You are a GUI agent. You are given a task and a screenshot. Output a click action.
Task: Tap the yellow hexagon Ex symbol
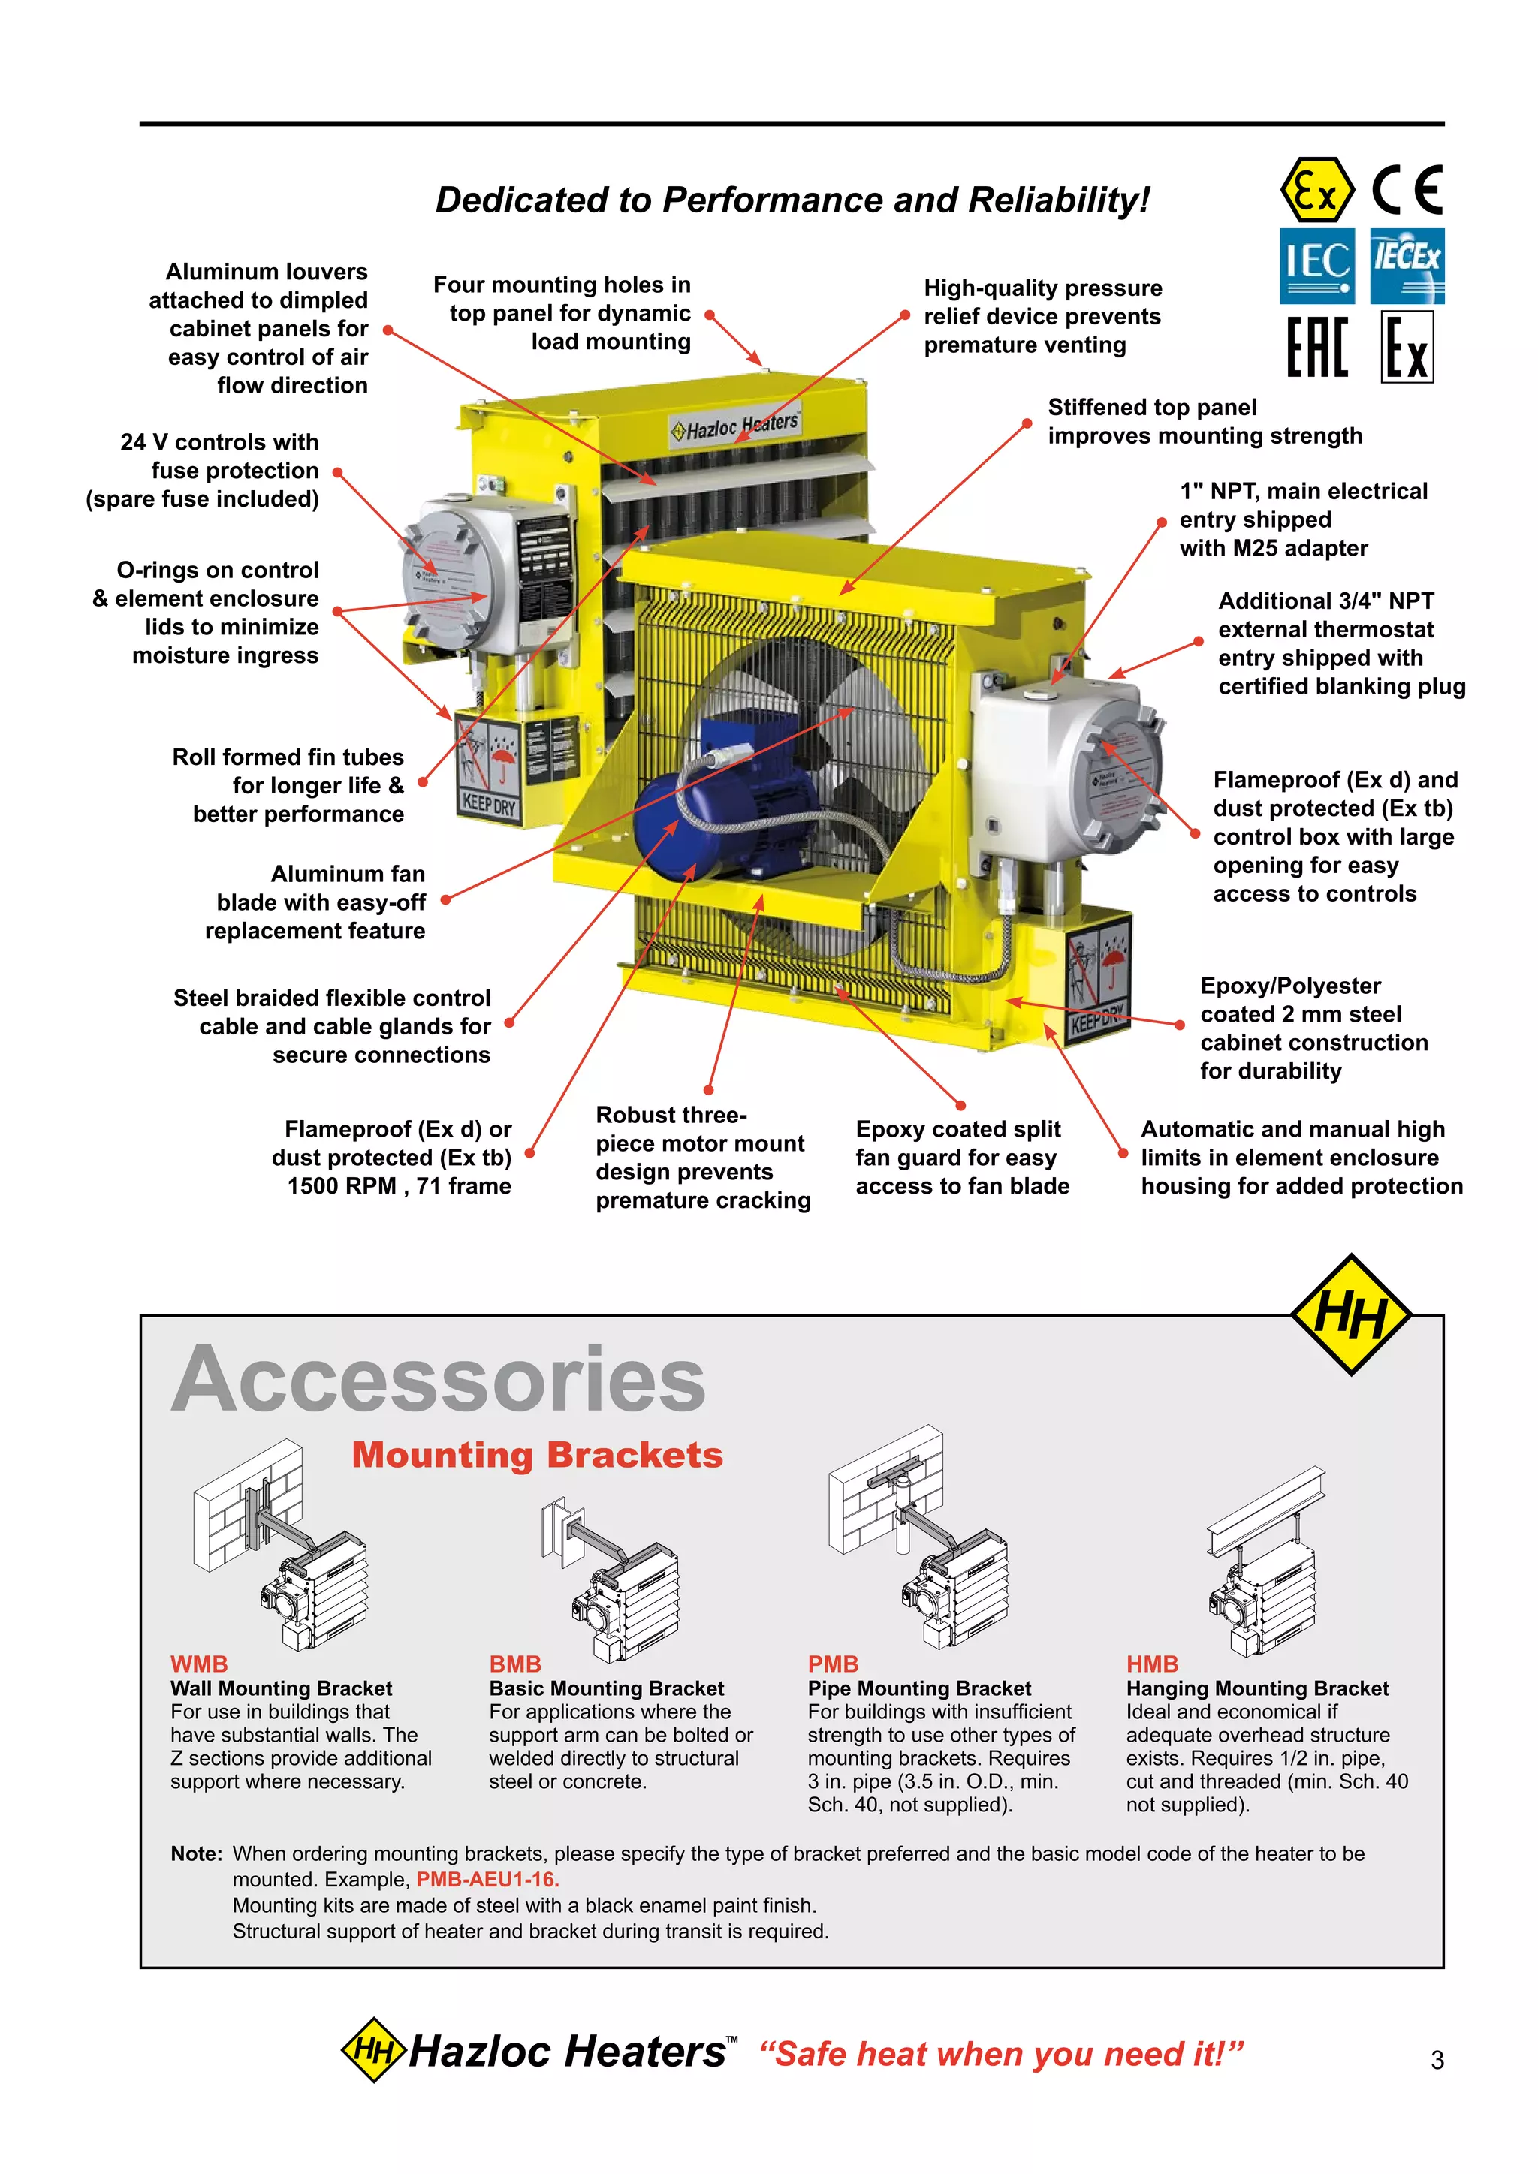pyautogui.click(x=1316, y=191)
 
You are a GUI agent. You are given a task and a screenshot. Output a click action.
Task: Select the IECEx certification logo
pyautogui.click(x=1407, y=265)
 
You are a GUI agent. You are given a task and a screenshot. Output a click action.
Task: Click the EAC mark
pyautogui.click(x=1316, y=348)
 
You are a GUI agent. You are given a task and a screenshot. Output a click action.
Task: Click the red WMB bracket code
pyautogui.click(x=199, y=1664)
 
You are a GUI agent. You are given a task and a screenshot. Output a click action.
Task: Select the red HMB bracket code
pyautogui.click(x=1151, y=1664)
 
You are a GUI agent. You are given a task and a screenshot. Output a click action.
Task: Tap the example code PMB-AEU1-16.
pyautogui.click(x=487, y=1878)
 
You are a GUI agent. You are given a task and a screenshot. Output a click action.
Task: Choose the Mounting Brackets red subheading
pyautogui.click(x=537, y=1454)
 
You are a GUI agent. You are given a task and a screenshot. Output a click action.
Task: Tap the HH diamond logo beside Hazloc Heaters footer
pyautogui.click(x=373, y=2050)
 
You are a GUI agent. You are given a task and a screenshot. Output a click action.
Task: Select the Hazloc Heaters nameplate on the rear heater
pyautogui.click(x=735, y=426)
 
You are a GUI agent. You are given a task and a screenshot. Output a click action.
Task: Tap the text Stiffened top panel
pyautogui.click(x=1151, y=407)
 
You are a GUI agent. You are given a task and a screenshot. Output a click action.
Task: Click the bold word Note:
pyautogui.click(x=196, y=1853)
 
